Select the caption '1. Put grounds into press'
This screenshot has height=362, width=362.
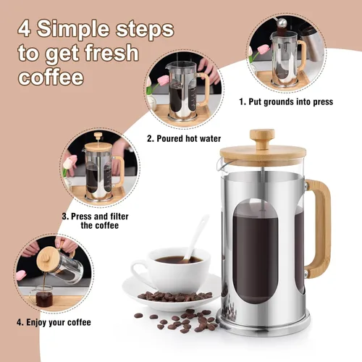[x=286, y=102]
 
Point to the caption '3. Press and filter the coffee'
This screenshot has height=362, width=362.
[x=92, y=220]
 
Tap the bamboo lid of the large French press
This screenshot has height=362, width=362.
[x=262, y=153]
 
